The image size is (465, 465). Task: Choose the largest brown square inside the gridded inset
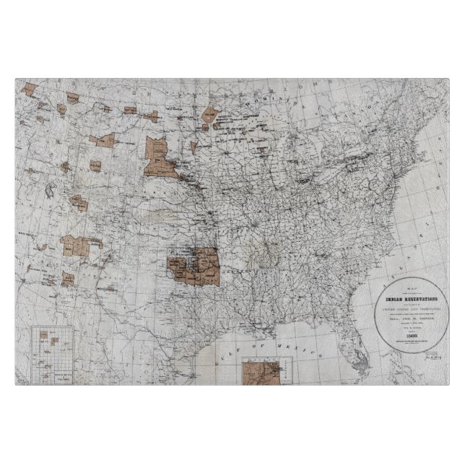click(54, 336)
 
